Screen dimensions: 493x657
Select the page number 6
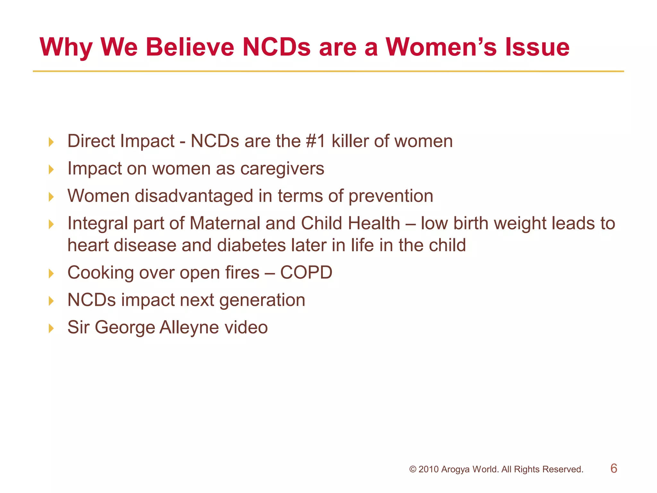[x=614, y=468]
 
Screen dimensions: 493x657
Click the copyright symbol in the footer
[x=413, y=470]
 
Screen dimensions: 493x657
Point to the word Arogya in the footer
[x=455, y=470]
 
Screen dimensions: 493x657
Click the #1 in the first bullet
[x=316, y=141]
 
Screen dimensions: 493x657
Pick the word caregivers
[x=282, y=169]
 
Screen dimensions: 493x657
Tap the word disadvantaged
[x=194, y=196]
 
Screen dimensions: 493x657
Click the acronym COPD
[x=306, y=273]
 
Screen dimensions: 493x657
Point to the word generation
[x=262, y=300]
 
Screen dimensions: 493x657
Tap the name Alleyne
[x=189, y=328]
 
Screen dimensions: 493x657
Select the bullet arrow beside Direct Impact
[x=51, y=142]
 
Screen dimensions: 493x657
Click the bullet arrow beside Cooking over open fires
[x=51, y=274]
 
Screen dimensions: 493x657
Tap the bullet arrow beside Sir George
[x=51, y=328]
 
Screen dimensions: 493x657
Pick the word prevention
[x=390, y=196]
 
